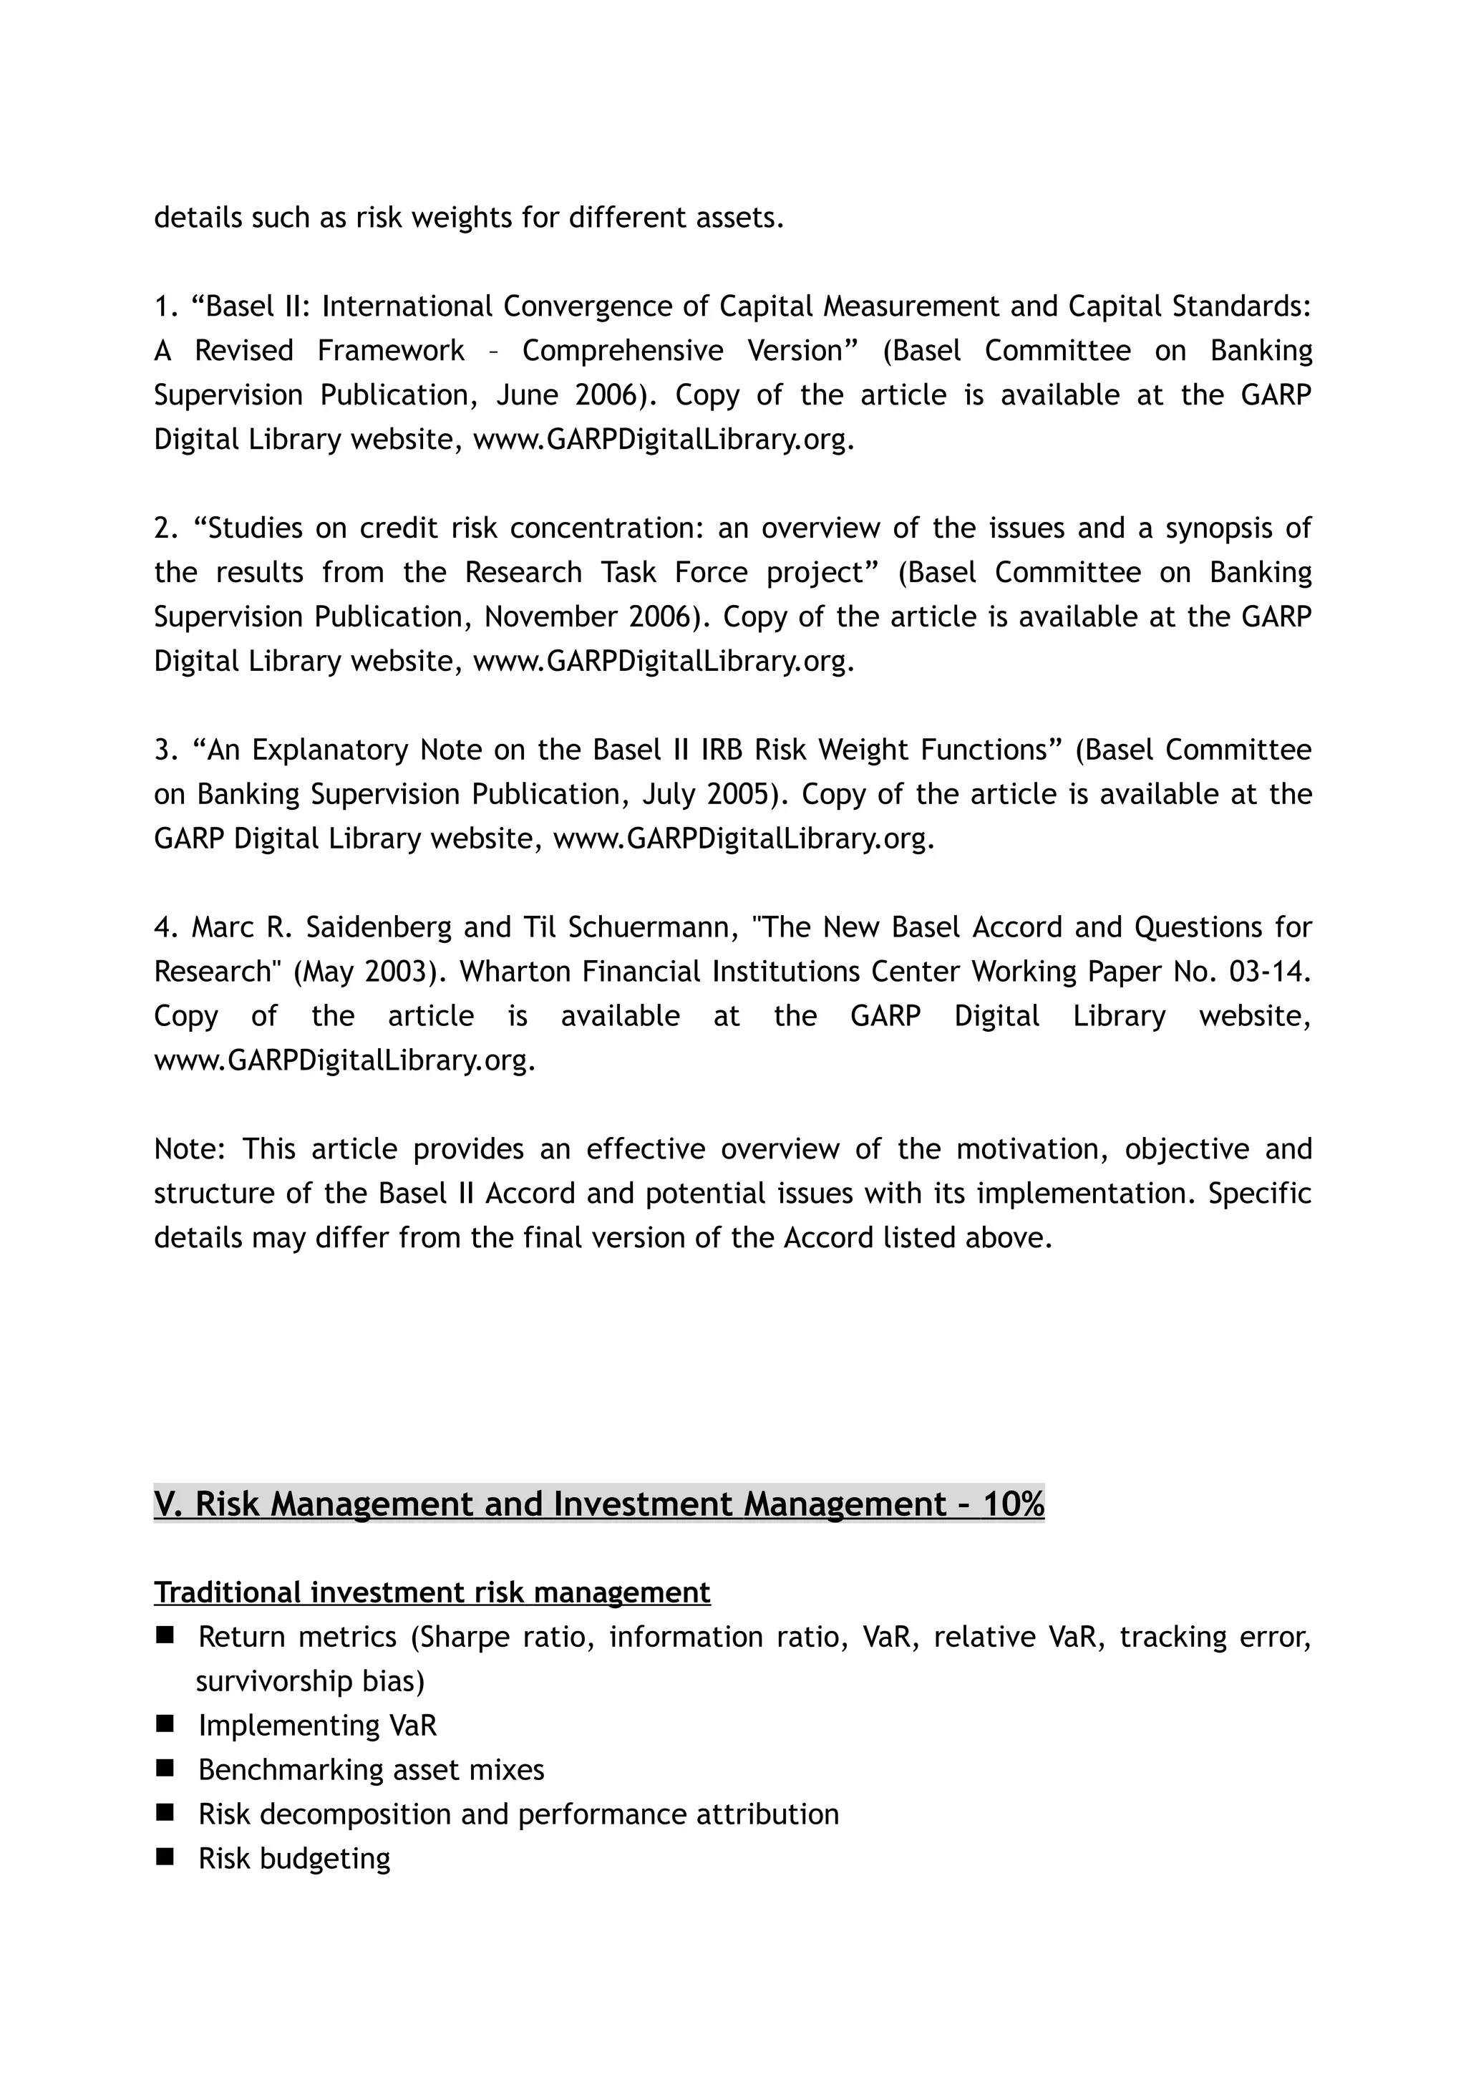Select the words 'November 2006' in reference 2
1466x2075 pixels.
click(592, 616)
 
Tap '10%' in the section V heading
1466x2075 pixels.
click(1013, 1504)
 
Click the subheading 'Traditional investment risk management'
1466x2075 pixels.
click(432, 1592)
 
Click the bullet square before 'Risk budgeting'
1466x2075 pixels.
click(165, 1857)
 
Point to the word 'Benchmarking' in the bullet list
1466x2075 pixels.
click(291, 1769)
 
